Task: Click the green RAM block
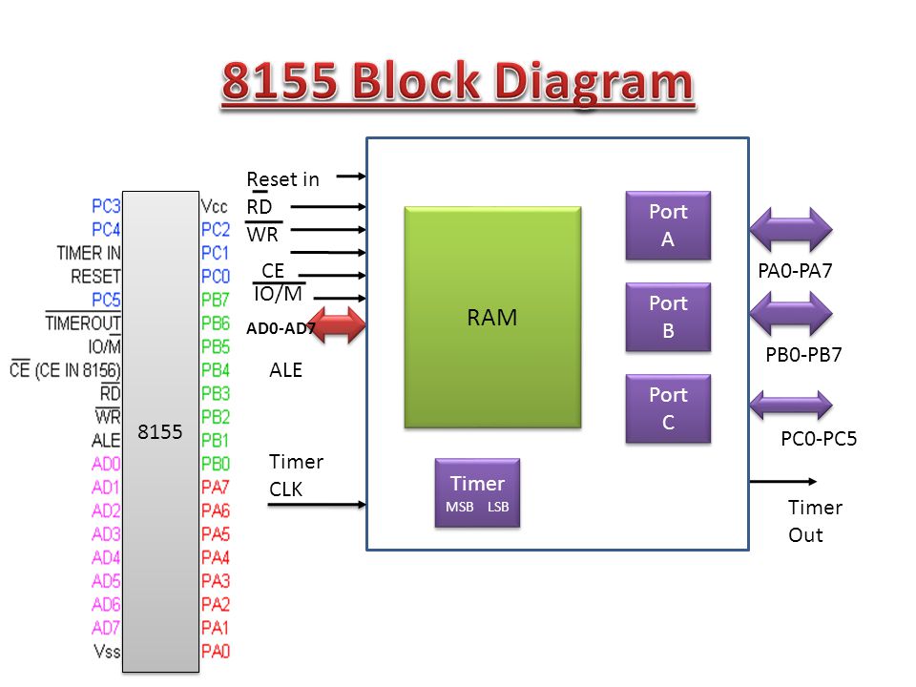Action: tap(492, 317)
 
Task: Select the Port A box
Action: tap(668, 225)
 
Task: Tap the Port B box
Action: tap(668, 317)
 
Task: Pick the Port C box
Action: tap(668, 408)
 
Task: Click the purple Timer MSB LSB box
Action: tap(477, 493)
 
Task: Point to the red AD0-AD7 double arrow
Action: tap(338, 324)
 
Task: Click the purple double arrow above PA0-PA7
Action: tap(791, 230)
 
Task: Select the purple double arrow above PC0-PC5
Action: tap(791, 405)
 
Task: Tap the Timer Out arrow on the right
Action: tap(782, 481)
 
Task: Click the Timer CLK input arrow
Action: tap(317, 504)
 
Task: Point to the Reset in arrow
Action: tap(351, 176)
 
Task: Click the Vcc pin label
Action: tap(214, 206)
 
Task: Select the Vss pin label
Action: tap(107, 651)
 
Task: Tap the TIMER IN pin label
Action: tap(89, 253)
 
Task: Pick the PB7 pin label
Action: tap(215, 300)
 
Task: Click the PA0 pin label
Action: tap(216, 651)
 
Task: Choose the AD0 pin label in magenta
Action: tap(106, 464)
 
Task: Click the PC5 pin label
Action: tap(106, 300)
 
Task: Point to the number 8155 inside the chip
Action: tap(160, 431)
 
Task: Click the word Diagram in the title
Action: tap(593, 82)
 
